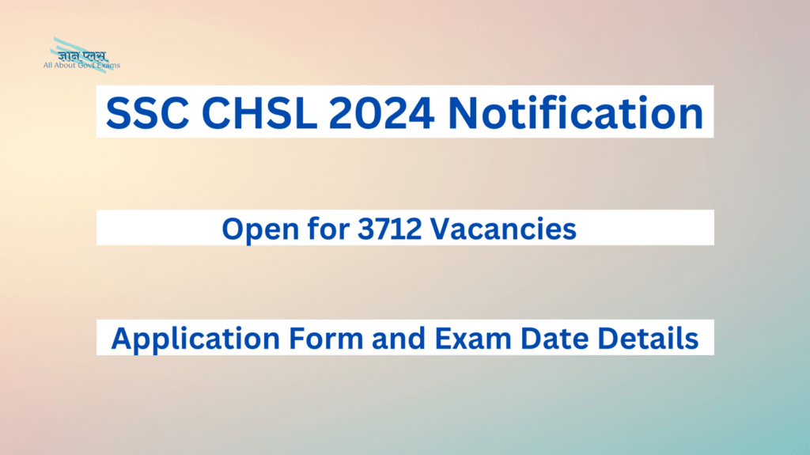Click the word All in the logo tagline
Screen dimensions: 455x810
(x=49, y=66)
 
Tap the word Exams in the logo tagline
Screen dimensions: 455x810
(x=110, y=66)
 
